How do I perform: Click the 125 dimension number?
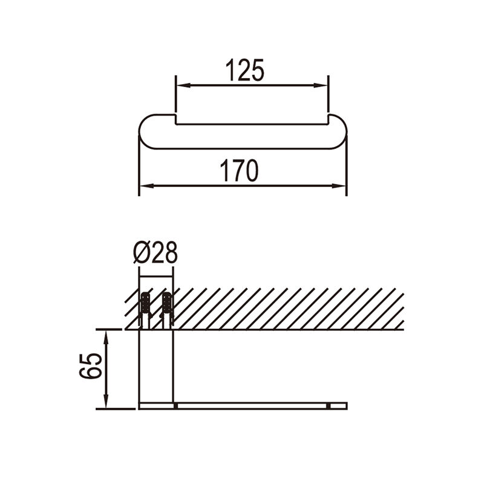245,70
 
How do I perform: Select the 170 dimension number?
239,171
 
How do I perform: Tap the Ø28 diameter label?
155,252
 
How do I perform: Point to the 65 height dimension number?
90,366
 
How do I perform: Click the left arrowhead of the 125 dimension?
183,85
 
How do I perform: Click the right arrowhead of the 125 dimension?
320,85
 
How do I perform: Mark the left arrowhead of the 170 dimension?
146,186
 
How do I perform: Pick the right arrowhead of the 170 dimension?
339,186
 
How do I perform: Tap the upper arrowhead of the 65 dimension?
106,337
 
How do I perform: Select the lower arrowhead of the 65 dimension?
106,401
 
